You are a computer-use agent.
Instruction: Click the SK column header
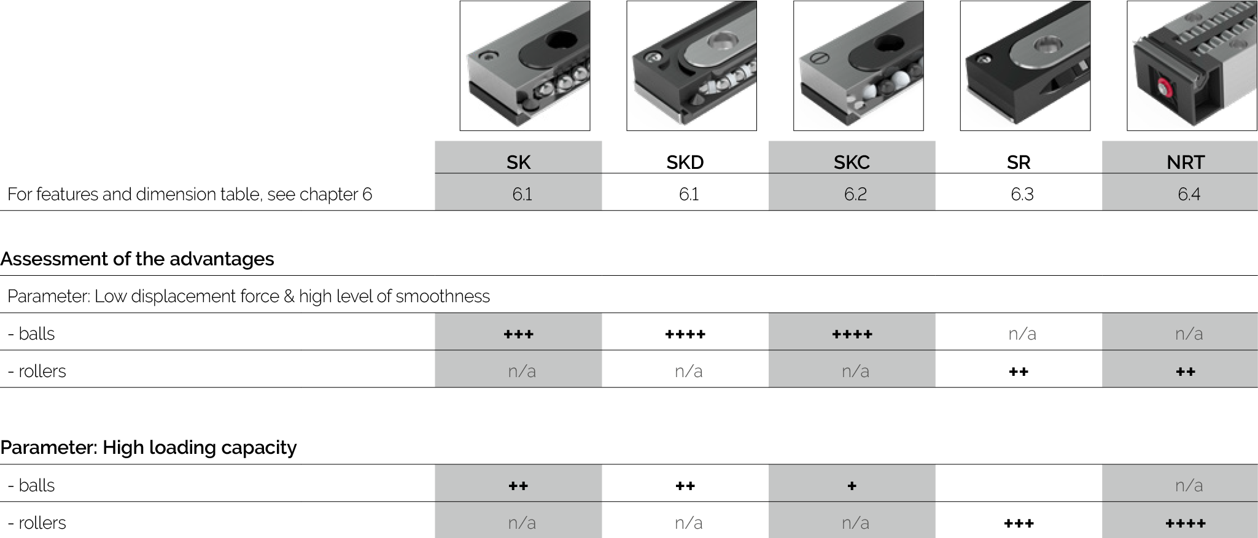pyautogui.click(x=518, y=162)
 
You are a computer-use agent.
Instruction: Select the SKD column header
pyautogui.click(x=685, y=162)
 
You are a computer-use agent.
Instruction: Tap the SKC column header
pyautogui.click(x=852, y=162)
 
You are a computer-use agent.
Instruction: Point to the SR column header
pyautogui.click(x=1019, y=162)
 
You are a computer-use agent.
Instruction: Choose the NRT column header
pyautogui.click(x=1186, y=162)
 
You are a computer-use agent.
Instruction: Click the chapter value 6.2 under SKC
pyautogui.click(x=855, y=195)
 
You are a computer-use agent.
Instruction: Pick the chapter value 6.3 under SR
pyautogui.click(x=1022, y=195)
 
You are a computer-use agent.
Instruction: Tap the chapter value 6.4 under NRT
pyautogui.click(x=1189, y=195)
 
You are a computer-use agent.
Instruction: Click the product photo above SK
pyautogui.click(x=525, y=66)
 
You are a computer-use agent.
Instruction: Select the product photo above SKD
pyautogui.click(x=691, y=66)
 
